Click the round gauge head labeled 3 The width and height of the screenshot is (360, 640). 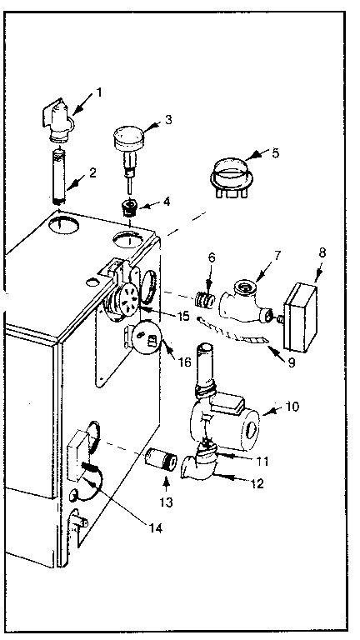point(130,137)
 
